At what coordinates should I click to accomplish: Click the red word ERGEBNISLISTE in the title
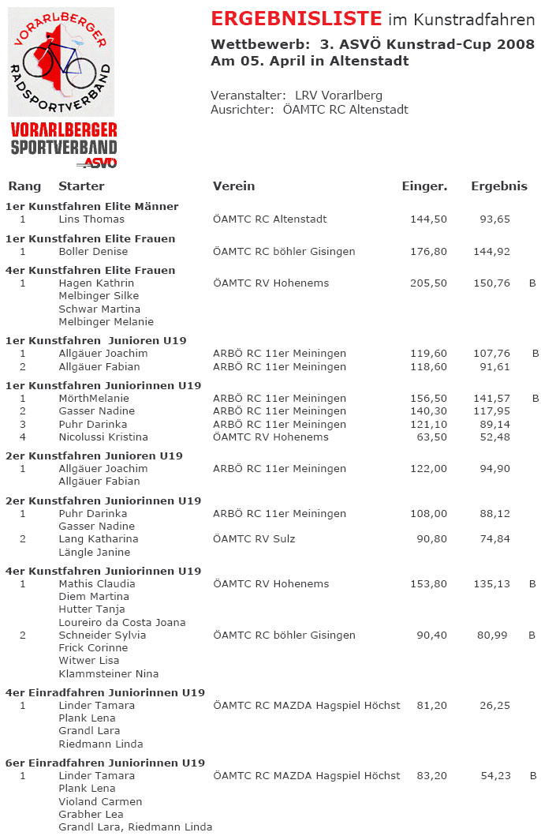tap(297, 19)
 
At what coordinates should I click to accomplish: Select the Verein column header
tap(233, 186)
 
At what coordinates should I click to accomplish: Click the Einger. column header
tap(424, 186)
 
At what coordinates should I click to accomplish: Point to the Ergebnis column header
tap(499, 186)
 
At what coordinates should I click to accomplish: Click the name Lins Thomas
tap(91, 219)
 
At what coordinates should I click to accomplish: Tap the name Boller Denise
tap(93, 252)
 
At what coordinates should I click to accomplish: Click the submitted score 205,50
tap(428, 283)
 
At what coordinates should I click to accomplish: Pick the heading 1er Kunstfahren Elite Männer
tap(91, 207)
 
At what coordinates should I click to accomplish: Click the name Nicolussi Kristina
tap(103, 437)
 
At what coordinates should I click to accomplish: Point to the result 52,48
tap(496, 437)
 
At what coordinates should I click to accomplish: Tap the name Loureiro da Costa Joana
tap(121, 623)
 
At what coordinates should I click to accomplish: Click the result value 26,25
tap(496, 706)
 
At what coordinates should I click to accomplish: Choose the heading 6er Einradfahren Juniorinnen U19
tap(105, 763)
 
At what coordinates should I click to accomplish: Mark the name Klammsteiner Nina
tap(108, 674)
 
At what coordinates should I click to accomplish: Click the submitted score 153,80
tap(428, 584)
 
